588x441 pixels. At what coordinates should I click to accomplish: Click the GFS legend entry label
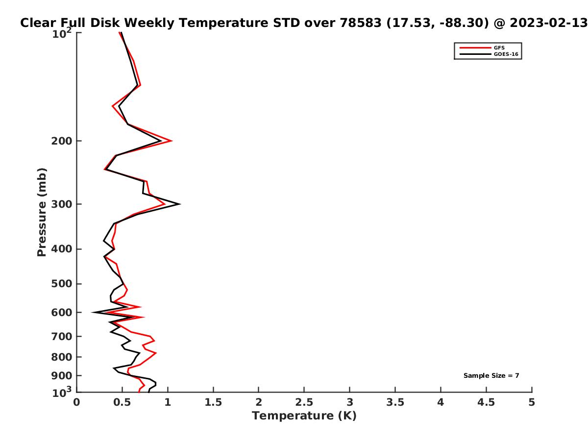point(499,48)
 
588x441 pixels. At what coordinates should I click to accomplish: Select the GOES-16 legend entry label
point(506,54)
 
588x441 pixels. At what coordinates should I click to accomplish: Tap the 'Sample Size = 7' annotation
point(491,376)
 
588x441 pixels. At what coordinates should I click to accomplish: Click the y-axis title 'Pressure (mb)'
point(42,212)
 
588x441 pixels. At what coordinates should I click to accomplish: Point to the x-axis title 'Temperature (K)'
point(304,416)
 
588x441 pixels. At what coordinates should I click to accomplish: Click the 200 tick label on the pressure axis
point(62,141)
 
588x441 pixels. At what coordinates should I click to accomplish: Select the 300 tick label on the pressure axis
point(62,204)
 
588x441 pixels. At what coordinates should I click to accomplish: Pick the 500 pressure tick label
point(62,284)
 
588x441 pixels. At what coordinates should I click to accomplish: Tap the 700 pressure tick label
point(62,337)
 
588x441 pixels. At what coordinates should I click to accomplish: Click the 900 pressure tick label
point(62,376)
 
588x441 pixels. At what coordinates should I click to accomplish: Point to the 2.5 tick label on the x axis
point(304,402)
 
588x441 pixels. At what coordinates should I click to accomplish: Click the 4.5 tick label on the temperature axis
point(486,402)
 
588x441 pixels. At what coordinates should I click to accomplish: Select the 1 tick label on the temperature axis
point(168,402)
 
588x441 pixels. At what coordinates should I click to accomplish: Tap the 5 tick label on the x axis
point(532,402)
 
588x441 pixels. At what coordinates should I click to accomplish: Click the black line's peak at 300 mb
point(179,204)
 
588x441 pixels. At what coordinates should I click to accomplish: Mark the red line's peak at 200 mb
point(171,141)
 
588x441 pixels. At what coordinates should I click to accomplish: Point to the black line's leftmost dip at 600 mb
point(92,312)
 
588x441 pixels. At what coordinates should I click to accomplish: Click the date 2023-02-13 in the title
point(549,23)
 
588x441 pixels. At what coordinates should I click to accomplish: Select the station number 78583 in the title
point(360,23)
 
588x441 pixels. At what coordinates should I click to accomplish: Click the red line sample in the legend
point(475,48)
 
